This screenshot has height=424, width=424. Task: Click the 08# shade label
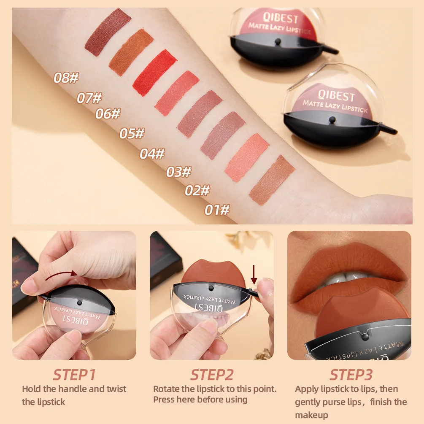click(66, 78)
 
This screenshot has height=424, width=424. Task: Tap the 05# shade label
click(132, 134)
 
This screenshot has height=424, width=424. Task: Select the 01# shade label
click(217, 210)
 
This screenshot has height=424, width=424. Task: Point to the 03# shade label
click(178, 172)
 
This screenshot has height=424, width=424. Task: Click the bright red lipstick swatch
click(154, 73)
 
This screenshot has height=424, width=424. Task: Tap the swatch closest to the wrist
click(272, 180)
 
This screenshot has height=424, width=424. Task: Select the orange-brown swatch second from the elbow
click(131, 52)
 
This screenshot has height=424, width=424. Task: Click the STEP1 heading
click(74, 375)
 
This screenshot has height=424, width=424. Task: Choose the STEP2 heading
click(212, 375)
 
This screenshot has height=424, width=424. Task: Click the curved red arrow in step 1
click(61, 275)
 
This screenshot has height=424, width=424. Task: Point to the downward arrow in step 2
click(254, 274)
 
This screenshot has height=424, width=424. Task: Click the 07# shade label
click(89, 98)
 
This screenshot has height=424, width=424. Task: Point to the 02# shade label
click(197, 191)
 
